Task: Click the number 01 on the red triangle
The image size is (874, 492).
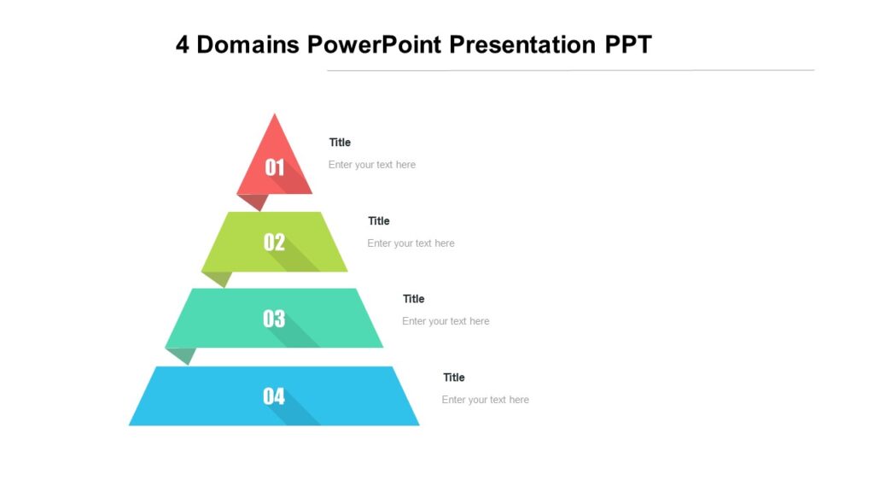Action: click(274, 167)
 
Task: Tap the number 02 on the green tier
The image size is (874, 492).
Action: click(274, 243)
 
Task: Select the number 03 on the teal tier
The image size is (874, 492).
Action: click(274, 319)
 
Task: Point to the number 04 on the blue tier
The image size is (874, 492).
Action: click(274, 396)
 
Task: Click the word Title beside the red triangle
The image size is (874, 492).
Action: click(340, 143)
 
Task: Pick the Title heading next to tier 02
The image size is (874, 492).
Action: click(378, 221)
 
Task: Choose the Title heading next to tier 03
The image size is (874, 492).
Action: click(413, 299)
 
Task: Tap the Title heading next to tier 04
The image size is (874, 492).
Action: click(453, 378)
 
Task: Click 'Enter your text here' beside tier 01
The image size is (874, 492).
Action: click(372, 165)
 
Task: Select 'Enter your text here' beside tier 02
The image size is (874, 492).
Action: click(411, 243)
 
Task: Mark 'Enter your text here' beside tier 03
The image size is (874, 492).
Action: click(446, 322)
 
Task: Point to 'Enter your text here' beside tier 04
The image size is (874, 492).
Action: click(485, 400)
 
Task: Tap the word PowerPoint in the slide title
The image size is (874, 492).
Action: click(376, 44)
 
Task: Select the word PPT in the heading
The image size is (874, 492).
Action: click(628, 44)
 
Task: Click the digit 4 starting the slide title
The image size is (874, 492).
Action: click(183, 44)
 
